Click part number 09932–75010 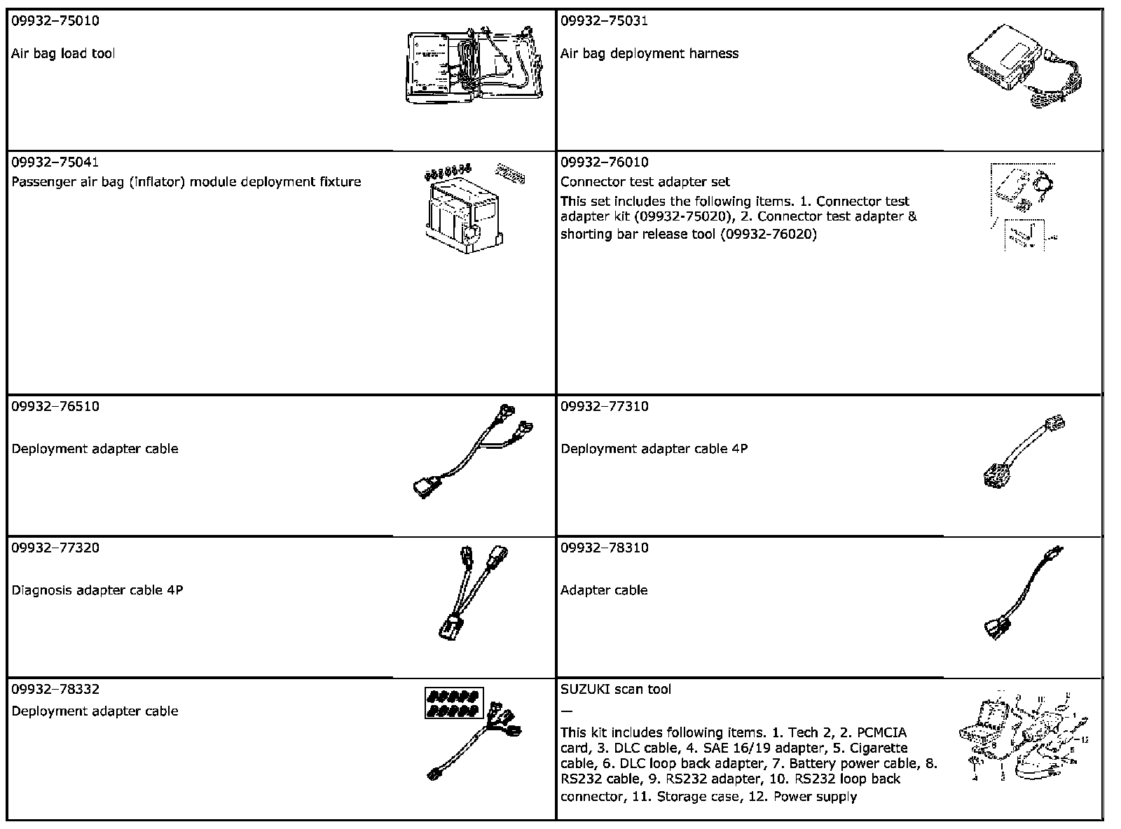(55, 21)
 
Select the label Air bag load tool (63, 54)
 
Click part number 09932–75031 (604, 21)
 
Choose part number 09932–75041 (55, 162)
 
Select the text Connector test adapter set (645, 182)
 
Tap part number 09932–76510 (55, 407)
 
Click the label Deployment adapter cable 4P (654, 449)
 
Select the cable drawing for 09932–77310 (1023, 452)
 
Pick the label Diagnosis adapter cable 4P (97, 590)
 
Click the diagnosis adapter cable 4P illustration (471, 592)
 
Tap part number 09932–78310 (604, 548)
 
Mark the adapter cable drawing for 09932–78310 (1023, 594)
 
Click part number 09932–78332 (55, 690)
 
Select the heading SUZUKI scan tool (615, 690)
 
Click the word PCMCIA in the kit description (881, 733)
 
